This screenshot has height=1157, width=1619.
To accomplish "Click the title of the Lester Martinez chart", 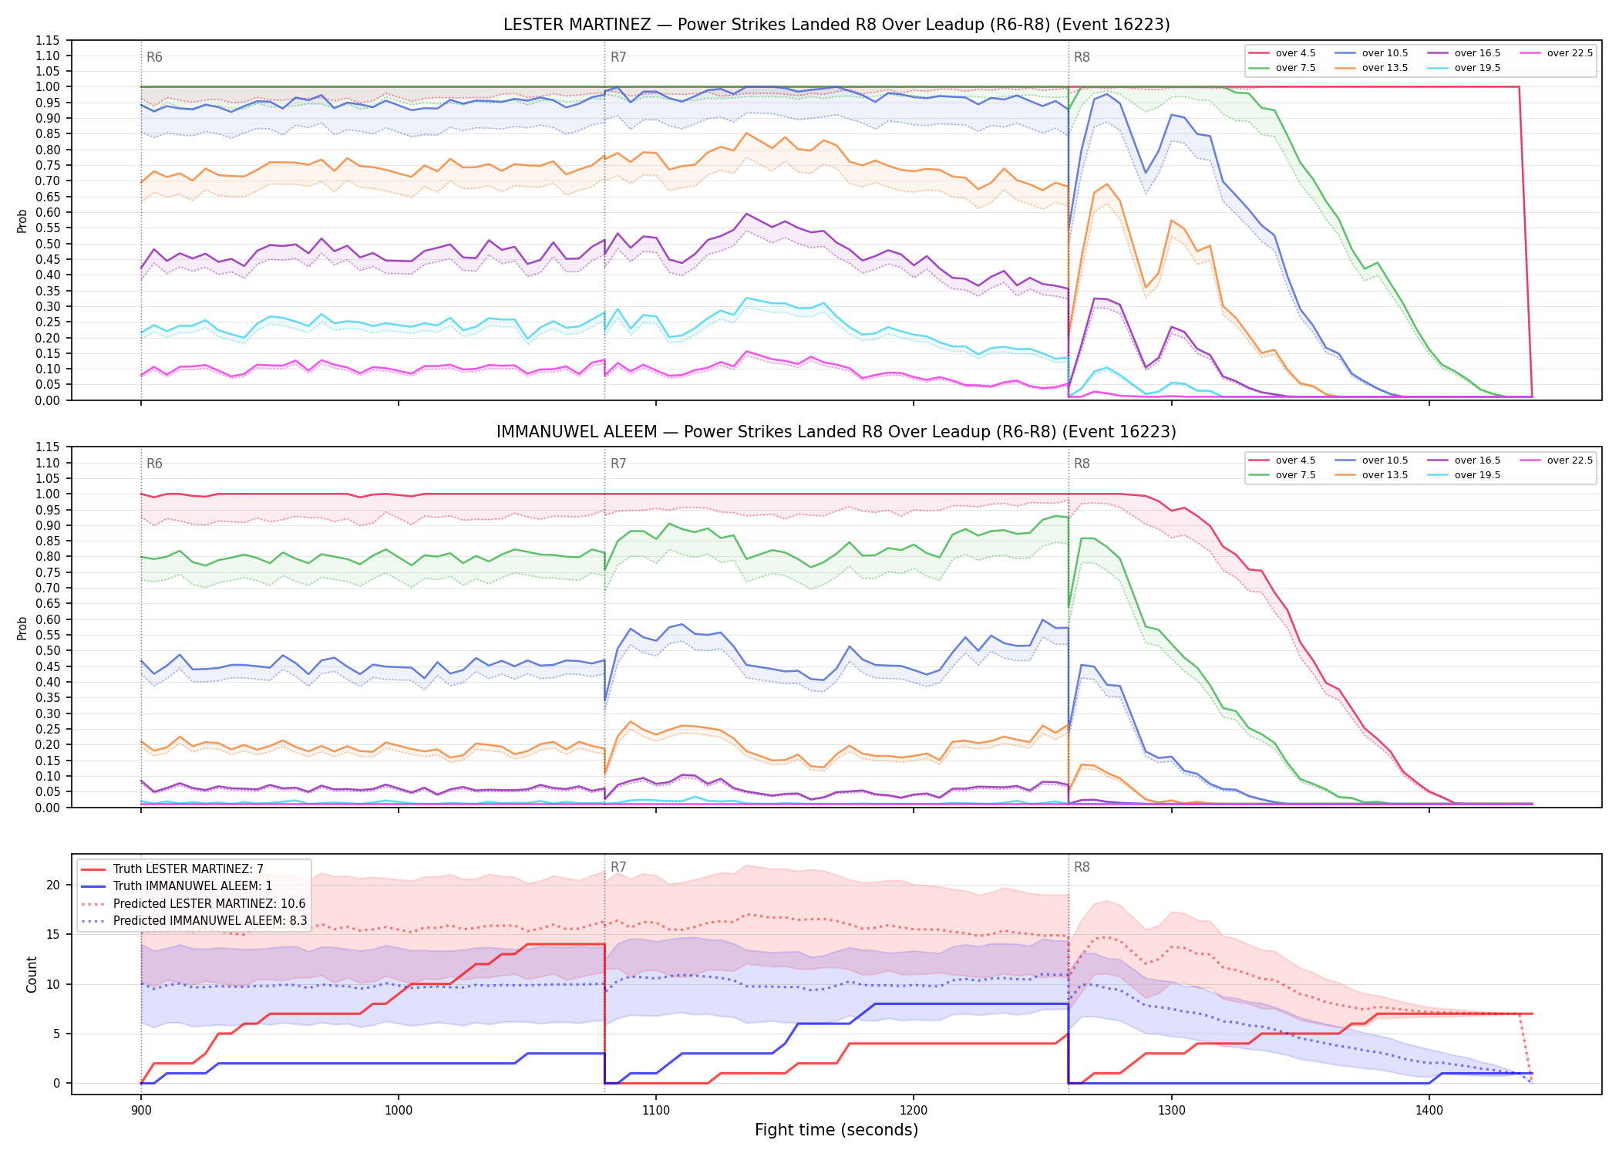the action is pyautogui.click(x=836, y=25).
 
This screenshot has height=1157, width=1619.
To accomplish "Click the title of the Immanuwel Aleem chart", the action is pyautogui.click(x=836, y=432).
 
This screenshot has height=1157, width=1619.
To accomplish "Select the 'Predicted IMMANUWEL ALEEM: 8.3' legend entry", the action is pyautogui.click(x=194, y=921).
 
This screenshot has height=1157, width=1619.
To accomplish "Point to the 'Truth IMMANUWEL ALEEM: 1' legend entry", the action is pyautogui.click(x=177, y=886).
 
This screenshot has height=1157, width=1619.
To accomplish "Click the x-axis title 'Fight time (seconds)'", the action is pyautogui.click(x=836, y=1130).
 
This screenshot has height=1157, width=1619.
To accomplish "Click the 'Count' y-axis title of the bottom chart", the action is pyautogui.click(x=32, y=974).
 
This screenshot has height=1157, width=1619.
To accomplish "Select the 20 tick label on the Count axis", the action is pyautogui.click(x=53, y=885).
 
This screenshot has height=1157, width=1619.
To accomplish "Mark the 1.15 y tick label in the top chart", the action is pyautogui.click(x=47, y=40).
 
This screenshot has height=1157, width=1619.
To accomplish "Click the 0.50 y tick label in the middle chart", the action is pyautogui.click(x=47, y=650).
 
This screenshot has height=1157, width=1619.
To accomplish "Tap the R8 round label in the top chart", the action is pyautogui.click(x=1082, y=57).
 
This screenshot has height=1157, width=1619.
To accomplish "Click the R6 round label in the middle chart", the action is pyautogui.click(x=154, y=464).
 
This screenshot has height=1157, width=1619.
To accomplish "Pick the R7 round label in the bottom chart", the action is pyautogui.click(x=618, y=867).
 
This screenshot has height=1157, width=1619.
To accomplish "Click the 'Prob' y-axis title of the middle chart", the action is pyautogui.click(x=22, y=628).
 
